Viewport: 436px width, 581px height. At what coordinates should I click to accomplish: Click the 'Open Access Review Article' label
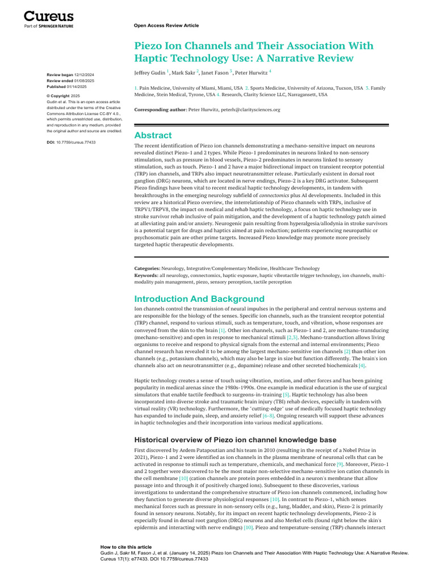click(x=166, y=26)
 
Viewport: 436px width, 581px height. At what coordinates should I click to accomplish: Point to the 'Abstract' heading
click(x=153, y=135)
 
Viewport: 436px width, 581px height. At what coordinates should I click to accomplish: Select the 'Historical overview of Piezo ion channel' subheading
click(x=235, y=440)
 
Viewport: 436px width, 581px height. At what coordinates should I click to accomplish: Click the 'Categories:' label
click(x=147, y=268)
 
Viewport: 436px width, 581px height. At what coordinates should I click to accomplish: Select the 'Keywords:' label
click(x=146, y=275)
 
